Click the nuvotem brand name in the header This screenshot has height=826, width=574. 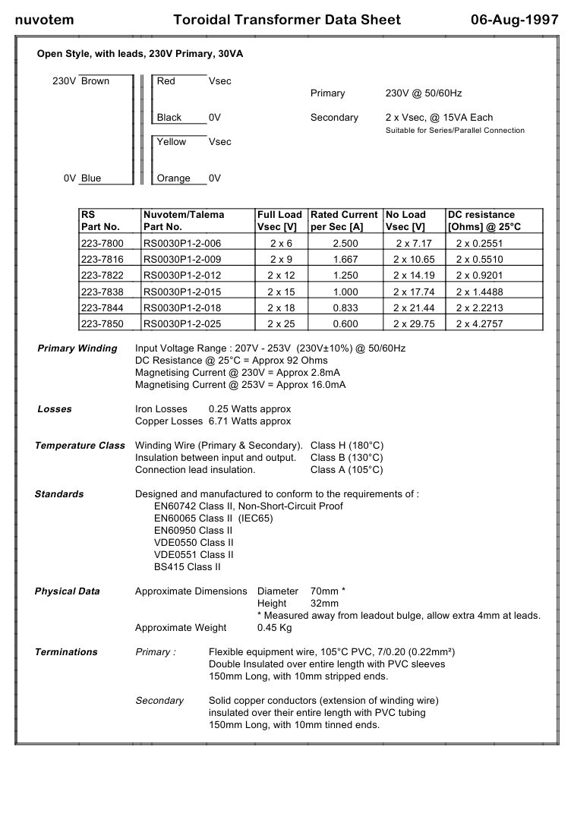click(45, 20)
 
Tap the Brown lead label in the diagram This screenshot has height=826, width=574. click(95, 81)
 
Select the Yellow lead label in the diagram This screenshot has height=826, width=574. click(171, 142)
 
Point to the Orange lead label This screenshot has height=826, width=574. click(173, 178)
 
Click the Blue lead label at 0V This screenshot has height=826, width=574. click(90, 178)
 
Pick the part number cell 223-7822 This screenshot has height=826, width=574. click(102, 275)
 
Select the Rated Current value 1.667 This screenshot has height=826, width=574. click(345, 259)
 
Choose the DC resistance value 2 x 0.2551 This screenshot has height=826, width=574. click(479, 243)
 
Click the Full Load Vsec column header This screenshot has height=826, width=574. click(279, 220)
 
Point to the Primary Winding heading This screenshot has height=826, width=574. click(77, 348)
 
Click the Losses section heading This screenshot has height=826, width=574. click(55, 409)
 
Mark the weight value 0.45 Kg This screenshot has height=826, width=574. click(275, 628)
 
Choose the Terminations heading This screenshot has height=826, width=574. click(66, 652)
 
